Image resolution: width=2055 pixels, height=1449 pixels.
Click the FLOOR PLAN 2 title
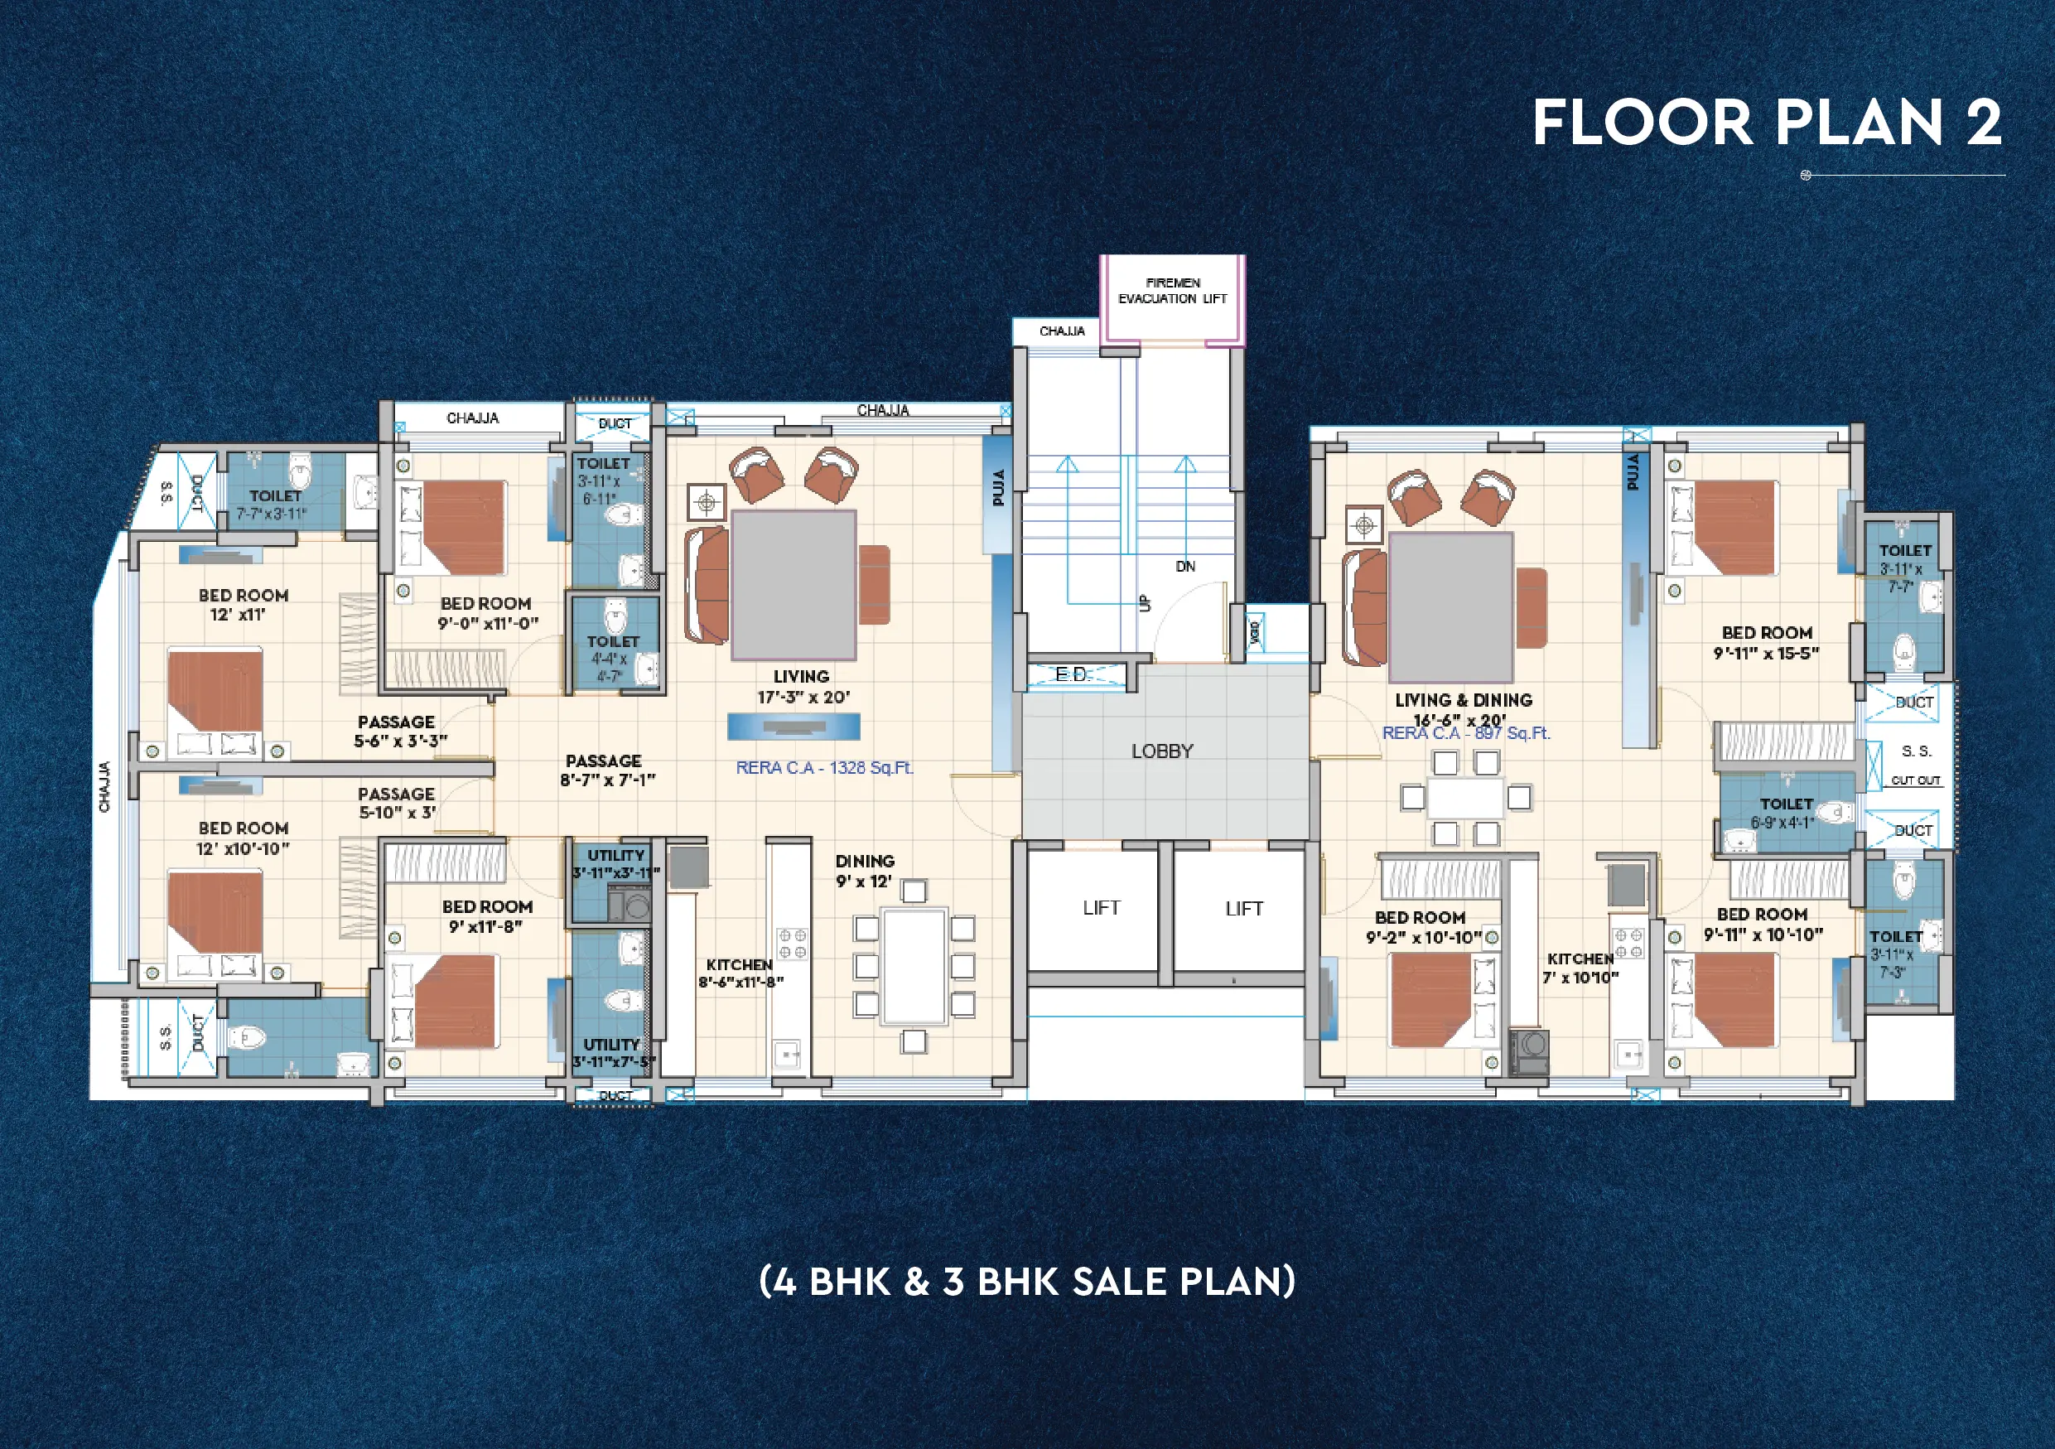[x=1767, y=123]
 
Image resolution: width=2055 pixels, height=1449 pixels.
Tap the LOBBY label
[x=1162, y=751]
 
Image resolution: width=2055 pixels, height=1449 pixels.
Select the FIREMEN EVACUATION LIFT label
[x=1173, y=291]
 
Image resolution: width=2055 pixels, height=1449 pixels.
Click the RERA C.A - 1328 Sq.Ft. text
[x=824, y=768]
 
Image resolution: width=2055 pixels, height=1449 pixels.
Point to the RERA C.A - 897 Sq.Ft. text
[x=1466, y=733]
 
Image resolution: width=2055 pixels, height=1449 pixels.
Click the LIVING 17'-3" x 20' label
[x=801, y=687]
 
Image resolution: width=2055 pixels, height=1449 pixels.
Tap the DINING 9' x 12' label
[x=865, y=870]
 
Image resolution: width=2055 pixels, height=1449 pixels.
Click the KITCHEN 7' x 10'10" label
[x=1580, y=968]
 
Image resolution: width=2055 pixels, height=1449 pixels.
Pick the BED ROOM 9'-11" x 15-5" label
[x=1767, y=643]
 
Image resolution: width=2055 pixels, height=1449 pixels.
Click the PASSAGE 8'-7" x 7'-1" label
[x=606, y=770]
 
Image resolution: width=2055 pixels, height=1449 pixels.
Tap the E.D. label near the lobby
[x=1073, y=675]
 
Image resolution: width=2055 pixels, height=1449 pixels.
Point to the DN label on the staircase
[x=1185, y=567]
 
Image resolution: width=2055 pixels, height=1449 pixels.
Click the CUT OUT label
[x=1915, y=780]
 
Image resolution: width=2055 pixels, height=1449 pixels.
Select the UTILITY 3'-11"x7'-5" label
[x=613, y=1052]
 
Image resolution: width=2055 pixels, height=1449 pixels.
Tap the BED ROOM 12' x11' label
[x=243, y=604]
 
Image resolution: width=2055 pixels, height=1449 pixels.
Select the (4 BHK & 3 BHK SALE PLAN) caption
[x=1026, y=1282]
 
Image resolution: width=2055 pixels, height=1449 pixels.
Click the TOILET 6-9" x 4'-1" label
[x=1786, y=813]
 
